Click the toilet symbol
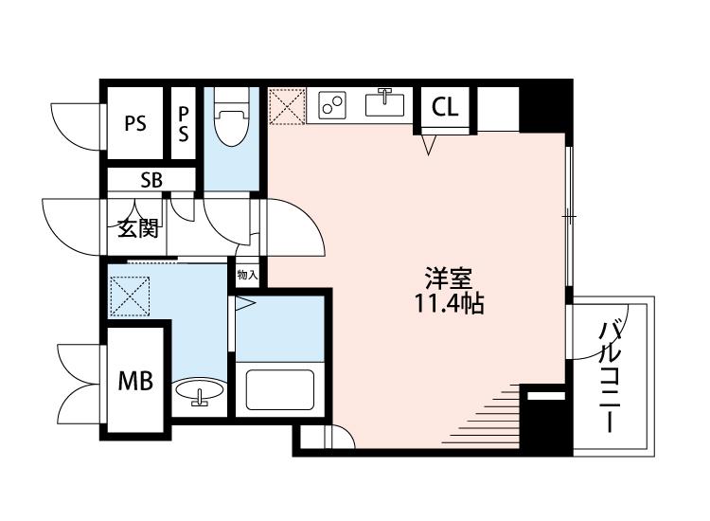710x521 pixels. tap(231, 117)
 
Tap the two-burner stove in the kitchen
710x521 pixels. tap(332, 103)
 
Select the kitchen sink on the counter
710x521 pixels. tap(385, 103)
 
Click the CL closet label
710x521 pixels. tap(445, 107)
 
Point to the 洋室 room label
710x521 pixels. tap(449, 278)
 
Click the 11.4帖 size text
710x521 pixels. tap(449, 304)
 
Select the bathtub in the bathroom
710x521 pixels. tap(280, 389)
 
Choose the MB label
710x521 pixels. tap(135, 381)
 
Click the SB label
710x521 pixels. tap(151, 180)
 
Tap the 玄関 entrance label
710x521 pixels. tap(138, 229)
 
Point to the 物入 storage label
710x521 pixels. tap(247, 275)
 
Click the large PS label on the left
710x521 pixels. tap(135, 123)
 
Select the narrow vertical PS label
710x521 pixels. tap(184, 124)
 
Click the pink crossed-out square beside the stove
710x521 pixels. tap(287, 106)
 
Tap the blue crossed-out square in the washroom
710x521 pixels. tap(130, 296)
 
